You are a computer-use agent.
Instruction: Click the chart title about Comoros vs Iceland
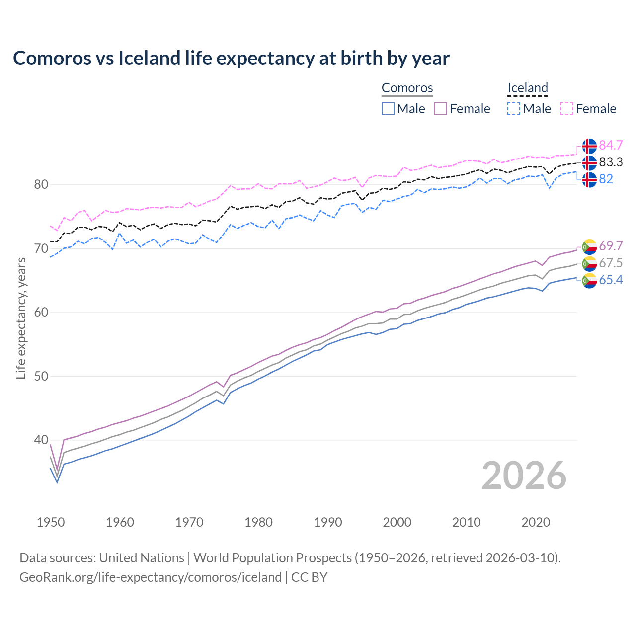(x=231, y=58)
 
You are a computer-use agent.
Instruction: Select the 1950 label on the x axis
(x=51, y=522)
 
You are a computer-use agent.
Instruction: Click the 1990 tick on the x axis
(x=328, y=522)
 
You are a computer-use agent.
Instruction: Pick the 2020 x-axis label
(x=536, y=522)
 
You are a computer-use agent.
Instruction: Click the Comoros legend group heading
(x=407, y=88)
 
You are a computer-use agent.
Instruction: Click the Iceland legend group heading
(x=527, y=88)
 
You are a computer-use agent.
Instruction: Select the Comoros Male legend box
(x=388, y=109)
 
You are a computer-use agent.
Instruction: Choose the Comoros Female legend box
(x=441, y=109)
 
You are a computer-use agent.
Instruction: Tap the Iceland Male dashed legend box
(x=514, y=109)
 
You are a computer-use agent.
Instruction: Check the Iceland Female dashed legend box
(x=567, y=109)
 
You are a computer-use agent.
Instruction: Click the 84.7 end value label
(x=611, y=146)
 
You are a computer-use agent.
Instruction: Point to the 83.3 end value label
(x=611, y=162)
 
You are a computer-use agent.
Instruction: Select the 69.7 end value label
(x=611, y=246)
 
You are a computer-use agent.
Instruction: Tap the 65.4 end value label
(x=611, y=280)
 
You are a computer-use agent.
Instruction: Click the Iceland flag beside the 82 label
(x=589, y=179)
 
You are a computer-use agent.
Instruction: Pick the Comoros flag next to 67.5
(x=589, y=263)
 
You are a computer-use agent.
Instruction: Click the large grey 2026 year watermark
(x=524, y=476)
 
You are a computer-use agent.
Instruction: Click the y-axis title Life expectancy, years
(x=21, y=318)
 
